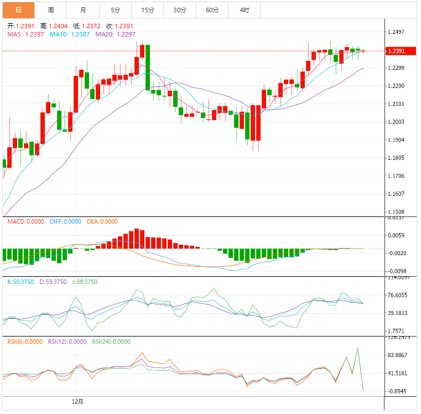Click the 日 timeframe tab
tap(18, 10)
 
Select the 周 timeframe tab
tap(51, 10)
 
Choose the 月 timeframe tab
tap(83, 10)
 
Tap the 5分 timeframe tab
tap(115, 10)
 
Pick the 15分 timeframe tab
tap(148, 10)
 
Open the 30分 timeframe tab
tap(180, 10)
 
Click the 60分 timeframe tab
tap(212, 10)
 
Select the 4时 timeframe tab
tap(244, 10)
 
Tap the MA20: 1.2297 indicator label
tap(116, 34)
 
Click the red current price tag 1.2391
tap(399, 51)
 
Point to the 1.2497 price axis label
tap(399, 32)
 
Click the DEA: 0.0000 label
tap(102, 221)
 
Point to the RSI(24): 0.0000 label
tap(111, 341)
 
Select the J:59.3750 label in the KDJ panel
tap(85, 282)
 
